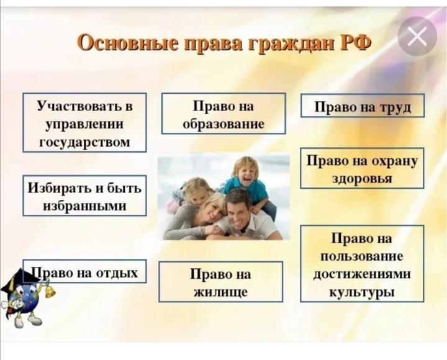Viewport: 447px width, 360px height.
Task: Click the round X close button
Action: [417, 37]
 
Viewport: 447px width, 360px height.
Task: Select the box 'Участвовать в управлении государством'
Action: [84, 122]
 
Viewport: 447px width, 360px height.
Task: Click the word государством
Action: [84, 142]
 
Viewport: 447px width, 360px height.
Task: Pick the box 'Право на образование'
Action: [223, 113]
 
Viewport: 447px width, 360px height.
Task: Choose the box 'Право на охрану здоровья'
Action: [362, 168]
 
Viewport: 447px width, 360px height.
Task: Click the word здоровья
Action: [362, 178]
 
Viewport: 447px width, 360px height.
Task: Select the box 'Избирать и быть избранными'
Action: [84, 196]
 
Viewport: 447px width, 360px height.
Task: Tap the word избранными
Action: [84, 206]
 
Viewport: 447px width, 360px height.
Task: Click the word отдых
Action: [117, 272]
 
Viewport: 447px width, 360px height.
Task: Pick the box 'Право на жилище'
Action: [221, 282]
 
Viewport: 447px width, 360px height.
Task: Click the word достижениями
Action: [362, 274]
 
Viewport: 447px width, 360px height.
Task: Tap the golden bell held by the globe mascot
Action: [49, 290]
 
